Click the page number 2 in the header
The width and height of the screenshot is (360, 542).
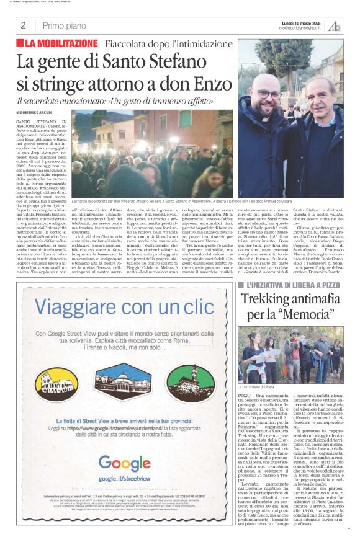tap(23, 25)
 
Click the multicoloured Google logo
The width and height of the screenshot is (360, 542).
tap(124, 462)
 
